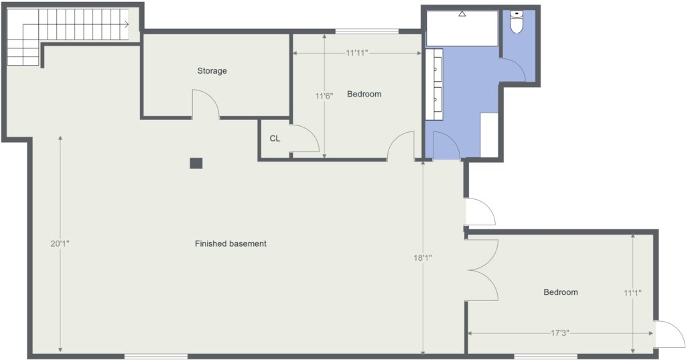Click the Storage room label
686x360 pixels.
[x=212, y=71]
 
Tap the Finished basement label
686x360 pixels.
[x=230, y=243]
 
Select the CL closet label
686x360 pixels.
[x=275, y=139]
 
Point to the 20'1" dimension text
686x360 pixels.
[x=60, y=244]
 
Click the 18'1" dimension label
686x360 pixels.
[x=423, y=258]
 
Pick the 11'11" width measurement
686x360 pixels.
[x=357, y=54]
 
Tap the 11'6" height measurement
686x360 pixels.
[x=324, y=95]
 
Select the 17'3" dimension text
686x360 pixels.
[x=559, y=333]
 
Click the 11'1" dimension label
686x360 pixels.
[x=632, y=293]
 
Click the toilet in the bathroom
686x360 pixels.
[x=517, y=22]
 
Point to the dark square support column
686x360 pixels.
[x=196, y=164]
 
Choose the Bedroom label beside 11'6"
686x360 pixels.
[x=364, y=94]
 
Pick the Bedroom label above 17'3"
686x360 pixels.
[x=561, y=292]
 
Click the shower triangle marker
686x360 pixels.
[x=462, y=14]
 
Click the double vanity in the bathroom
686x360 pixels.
[x=434, y=84]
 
